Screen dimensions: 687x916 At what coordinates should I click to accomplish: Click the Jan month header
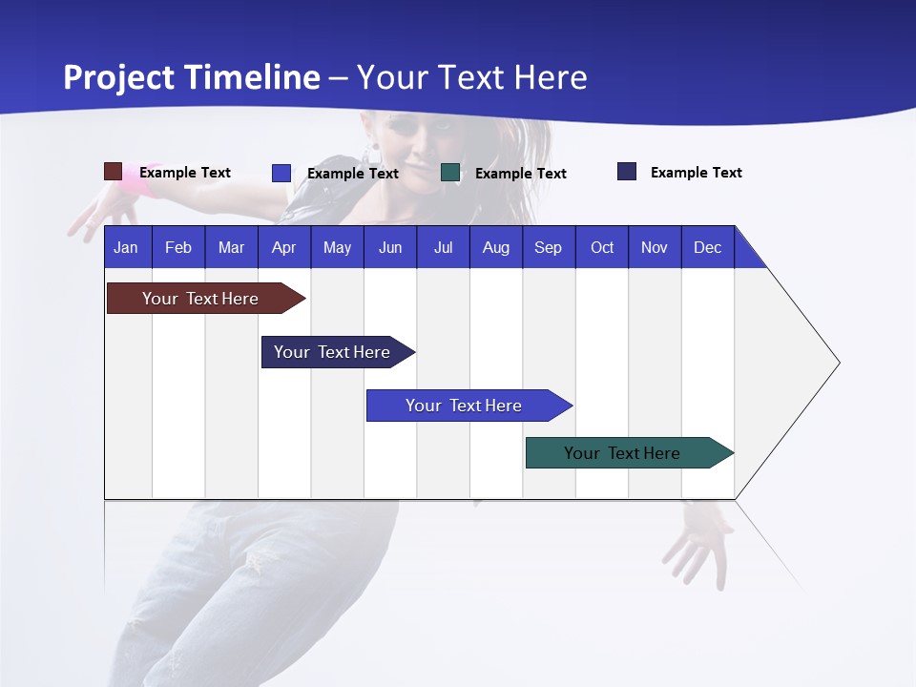point(127,247)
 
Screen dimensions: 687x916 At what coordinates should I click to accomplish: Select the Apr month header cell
point(284,247)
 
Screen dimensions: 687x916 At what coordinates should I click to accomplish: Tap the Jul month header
point(443,247)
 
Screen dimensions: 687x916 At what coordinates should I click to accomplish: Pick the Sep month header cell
point(549,247)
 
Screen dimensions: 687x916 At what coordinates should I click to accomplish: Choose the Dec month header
point(707,247)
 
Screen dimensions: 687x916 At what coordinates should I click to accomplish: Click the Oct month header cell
point(602,247)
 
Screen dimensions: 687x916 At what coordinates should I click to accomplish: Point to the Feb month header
point(178,247)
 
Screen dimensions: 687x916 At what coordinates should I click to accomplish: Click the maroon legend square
point(113,172)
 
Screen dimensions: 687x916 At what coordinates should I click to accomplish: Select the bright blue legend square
point(281,173)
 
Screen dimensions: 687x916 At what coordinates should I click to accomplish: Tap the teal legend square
point(450,173)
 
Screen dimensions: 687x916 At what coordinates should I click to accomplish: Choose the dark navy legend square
point(627,172)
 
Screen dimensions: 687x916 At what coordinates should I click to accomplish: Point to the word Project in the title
point(119,77)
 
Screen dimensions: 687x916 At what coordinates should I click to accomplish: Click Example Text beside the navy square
point(696,173)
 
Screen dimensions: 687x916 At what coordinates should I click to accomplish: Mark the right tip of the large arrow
point(839,363)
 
